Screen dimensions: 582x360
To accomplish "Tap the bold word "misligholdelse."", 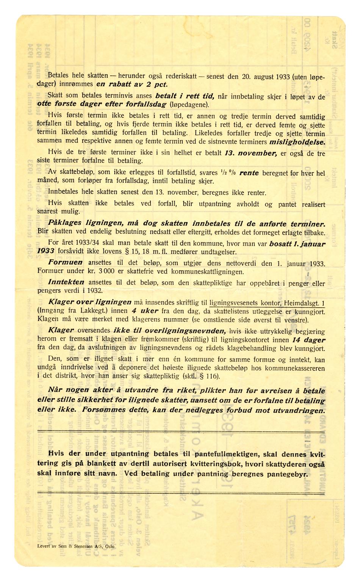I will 297,142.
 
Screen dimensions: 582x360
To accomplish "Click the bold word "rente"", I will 249,173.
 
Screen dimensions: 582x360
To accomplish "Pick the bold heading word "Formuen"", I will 65,262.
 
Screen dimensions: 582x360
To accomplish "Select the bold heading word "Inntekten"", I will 67,282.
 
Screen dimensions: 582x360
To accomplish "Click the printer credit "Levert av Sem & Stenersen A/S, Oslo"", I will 76,546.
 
